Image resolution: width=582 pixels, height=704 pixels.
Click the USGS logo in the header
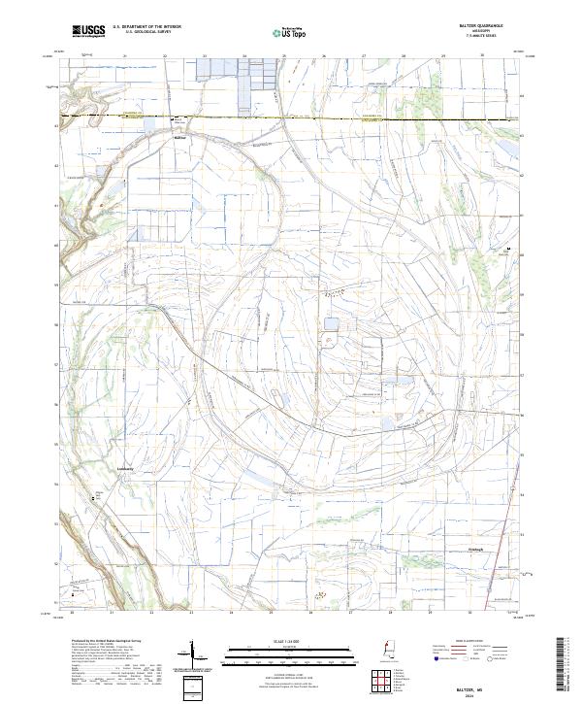coord(88,32)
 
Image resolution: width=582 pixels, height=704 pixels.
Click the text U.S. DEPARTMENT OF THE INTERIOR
coord(146,28)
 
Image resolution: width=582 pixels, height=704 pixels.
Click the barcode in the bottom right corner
coord(562,665)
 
